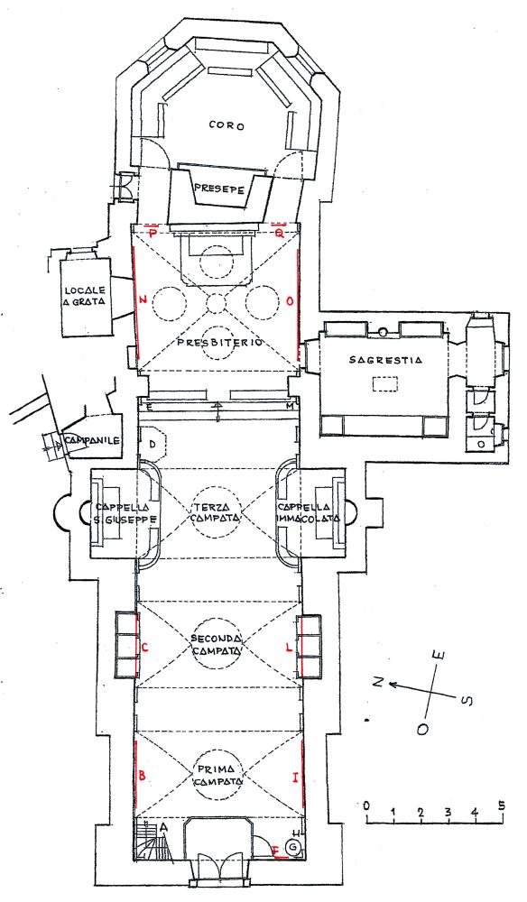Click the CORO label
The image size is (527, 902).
point(227,126)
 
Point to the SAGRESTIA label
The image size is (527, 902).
point(385,361)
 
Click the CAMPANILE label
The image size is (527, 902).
point(92,441)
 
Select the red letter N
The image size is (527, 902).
point(143,299)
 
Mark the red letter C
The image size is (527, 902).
point(145,647)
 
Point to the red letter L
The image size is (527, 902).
point(290,647)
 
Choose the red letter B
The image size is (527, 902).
point(143,777)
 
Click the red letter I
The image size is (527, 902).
point(294,778)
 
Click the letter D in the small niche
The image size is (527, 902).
point(153,444)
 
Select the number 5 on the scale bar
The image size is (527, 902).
point(502,805)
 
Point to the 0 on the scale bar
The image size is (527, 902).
point(366,805)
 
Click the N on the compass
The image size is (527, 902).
point(377,682)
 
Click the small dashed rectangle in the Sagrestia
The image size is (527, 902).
point(385,383)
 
